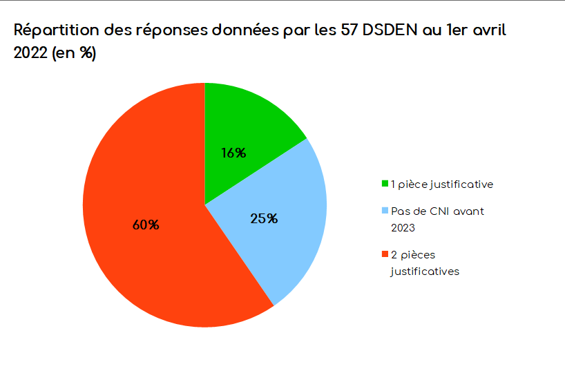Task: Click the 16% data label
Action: coord(233,153)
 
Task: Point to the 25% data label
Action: coord(264,219)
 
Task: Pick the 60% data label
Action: coord(146,225)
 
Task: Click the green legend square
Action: coord(385,184)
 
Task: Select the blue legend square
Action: coord(385,211)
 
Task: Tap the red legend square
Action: coord(385,256)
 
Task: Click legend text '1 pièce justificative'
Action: coord(441,184)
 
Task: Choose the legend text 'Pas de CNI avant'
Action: coord(437,211)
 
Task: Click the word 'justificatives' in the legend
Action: coord(425,272)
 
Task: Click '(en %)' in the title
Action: coord(74,53)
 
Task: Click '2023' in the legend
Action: coord(403,227)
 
